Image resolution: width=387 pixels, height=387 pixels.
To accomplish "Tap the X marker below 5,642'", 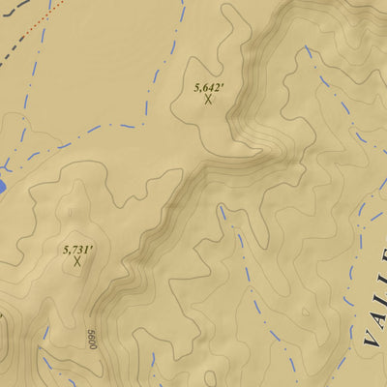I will tap(208, 99).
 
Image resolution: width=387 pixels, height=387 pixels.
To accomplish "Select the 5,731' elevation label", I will tap(77, 250).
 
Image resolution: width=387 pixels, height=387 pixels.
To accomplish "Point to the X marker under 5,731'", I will tap(77, 261).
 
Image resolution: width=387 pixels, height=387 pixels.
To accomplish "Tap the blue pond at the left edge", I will tap(3, 184).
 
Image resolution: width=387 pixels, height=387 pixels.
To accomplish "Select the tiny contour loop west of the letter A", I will tap(308, 312).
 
